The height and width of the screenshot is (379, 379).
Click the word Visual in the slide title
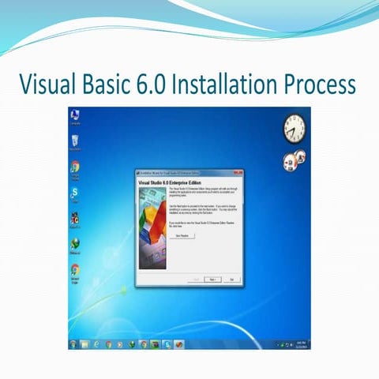(53, 82)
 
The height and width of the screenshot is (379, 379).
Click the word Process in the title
(323, 82)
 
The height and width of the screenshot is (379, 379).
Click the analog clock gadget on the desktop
(294, 126)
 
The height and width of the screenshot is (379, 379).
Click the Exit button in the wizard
(231, 280)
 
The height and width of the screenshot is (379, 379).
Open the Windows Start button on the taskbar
(73, 345)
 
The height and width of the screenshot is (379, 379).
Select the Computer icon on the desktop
(75, 118)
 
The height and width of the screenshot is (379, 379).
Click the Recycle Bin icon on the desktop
(75, 142)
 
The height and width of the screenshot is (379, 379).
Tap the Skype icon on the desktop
(75, 193)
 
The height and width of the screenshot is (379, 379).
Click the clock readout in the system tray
(301, 345)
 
